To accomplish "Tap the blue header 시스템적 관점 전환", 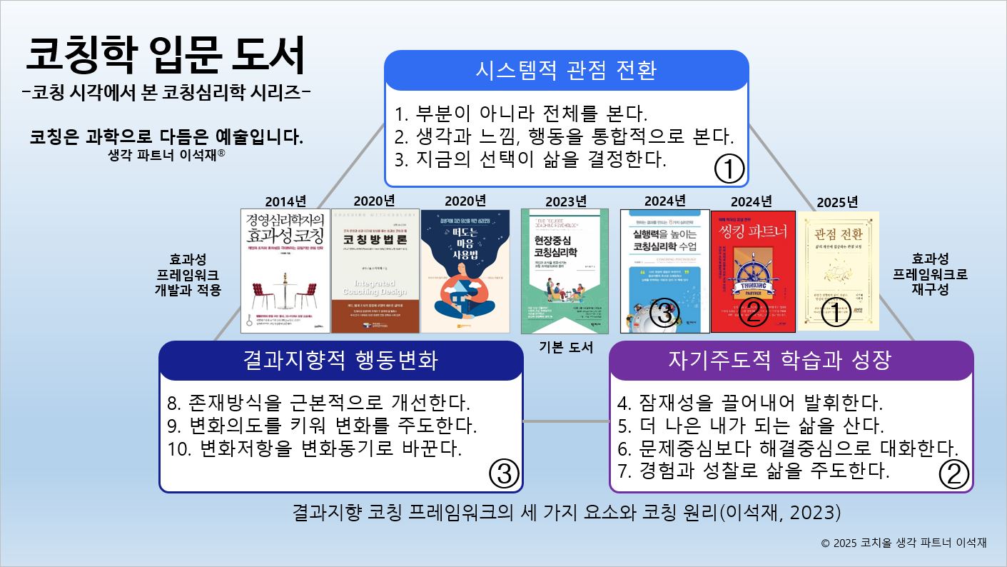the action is point(566,70).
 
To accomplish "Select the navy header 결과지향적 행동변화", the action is point(340,360).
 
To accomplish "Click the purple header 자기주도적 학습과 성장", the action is point(790,360).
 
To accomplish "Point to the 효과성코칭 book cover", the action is point(285,271).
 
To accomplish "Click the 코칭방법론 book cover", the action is point(375,271).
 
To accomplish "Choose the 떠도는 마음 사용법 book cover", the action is point(465,271).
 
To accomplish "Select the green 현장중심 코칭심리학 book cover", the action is point(565,271).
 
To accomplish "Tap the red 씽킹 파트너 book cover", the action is point(753,271).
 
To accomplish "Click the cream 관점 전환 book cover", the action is point(838,271).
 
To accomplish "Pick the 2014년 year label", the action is point(285,201).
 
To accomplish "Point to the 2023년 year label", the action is point(566,201).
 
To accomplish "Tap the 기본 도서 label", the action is point(567,348).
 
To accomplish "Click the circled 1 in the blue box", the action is point(729,169).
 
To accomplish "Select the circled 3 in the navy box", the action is point(503,473).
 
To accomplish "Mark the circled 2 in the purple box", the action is point(953,473).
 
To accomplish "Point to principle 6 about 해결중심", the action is point(787,448).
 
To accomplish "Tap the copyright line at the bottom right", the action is point(904,543).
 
